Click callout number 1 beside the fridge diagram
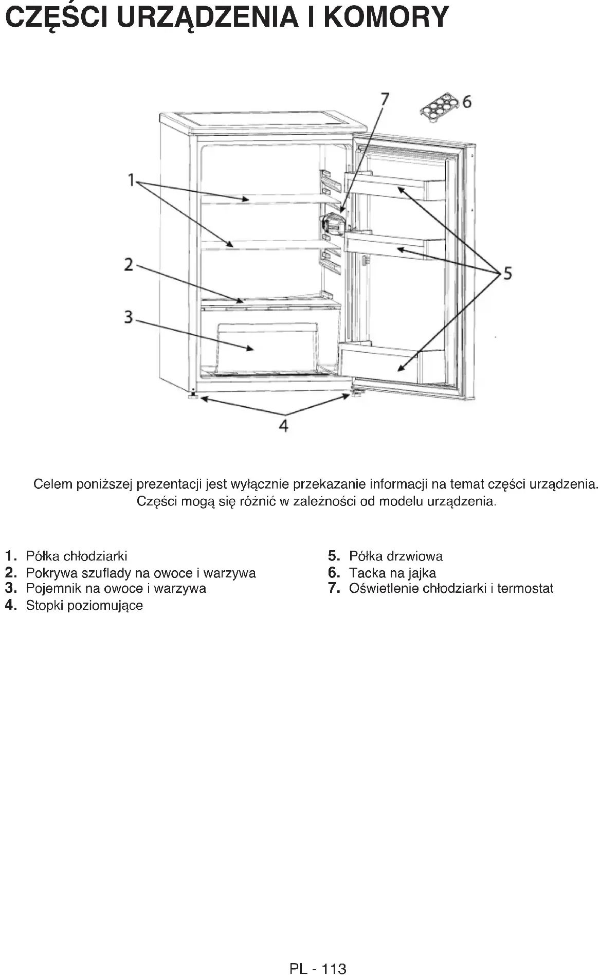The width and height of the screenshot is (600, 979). [131, 180]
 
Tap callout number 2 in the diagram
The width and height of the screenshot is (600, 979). [129, 265]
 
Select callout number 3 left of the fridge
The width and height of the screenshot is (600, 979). [129, 317]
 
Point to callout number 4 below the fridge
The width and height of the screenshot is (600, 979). [283, 425]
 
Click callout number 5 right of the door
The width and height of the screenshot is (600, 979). [507, 273]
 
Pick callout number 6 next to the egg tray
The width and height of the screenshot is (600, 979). [467, 102]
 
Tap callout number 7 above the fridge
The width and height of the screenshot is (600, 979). [384, 98]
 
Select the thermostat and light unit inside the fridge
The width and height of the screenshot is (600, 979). [333, 224]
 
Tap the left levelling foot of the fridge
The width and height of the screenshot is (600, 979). [193, 396]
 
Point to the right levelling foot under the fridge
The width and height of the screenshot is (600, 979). [356, 394]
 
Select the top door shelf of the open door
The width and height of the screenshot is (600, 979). [396, 186]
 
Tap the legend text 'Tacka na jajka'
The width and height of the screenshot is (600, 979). [392, 573]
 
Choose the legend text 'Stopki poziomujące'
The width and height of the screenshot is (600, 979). [84, 605]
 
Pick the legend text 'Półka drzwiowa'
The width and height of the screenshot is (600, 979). [395, 556]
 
